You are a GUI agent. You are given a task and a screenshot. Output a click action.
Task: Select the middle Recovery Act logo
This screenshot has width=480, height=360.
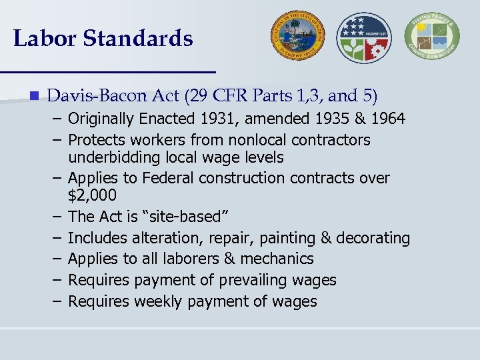364,37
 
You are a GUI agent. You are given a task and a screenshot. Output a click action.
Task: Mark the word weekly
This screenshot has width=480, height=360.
159,301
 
